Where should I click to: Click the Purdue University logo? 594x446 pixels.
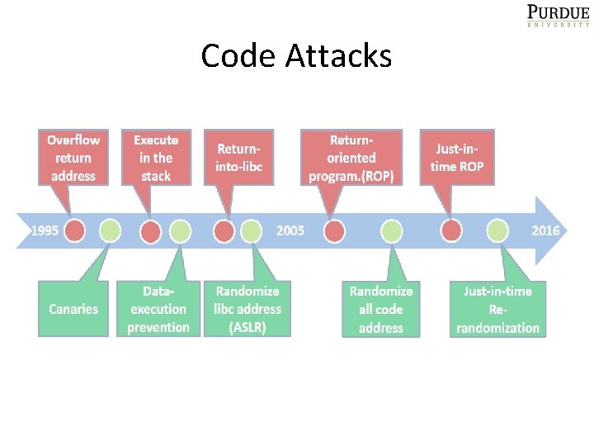[558, 15]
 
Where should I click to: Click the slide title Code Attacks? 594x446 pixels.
[296, 56]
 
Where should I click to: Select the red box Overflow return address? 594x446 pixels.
[73, 158]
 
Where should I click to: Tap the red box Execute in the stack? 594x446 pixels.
[156, 158]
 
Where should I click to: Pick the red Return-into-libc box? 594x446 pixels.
[239, 158]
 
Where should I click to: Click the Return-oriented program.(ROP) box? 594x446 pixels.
[351, 158]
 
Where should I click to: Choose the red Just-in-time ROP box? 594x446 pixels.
[457, 158]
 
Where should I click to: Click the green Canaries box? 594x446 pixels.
[73, 309]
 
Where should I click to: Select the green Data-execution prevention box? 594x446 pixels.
[158, 309]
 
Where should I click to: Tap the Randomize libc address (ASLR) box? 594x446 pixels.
[247, 309]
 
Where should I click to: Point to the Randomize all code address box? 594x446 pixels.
[381, 309]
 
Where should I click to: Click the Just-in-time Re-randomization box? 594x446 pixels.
[498, 309]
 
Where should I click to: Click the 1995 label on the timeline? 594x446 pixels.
[44, 230]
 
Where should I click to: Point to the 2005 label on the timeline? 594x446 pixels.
[290, 230]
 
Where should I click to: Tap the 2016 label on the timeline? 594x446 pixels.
[545, 230]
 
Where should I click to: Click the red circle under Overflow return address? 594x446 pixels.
[75, 230]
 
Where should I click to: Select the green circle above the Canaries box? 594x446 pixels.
[110, 230]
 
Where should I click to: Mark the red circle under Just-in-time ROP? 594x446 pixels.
[451, 230]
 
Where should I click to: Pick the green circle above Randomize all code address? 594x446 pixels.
[391, 230]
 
